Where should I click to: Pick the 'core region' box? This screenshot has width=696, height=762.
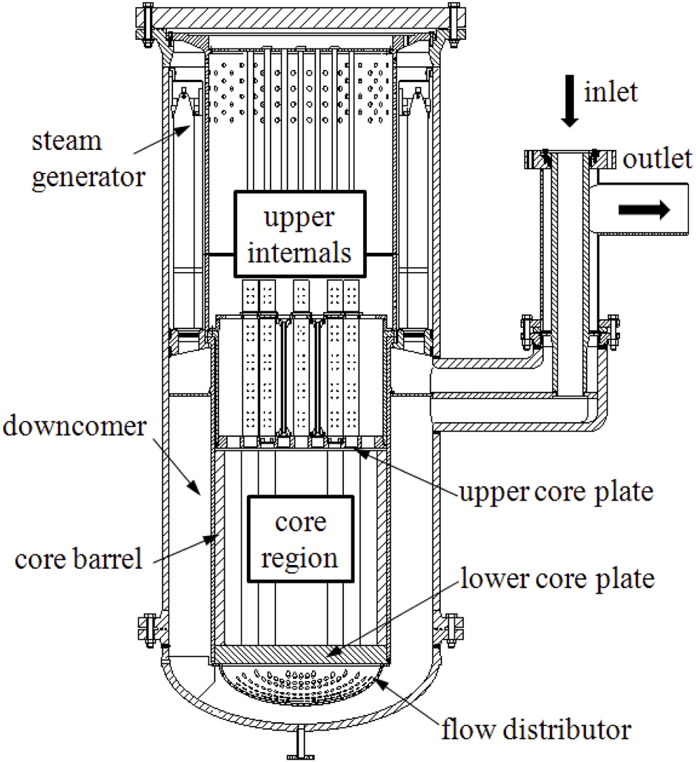tap(300, 540)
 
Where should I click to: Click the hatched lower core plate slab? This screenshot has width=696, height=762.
tap(301, 654)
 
